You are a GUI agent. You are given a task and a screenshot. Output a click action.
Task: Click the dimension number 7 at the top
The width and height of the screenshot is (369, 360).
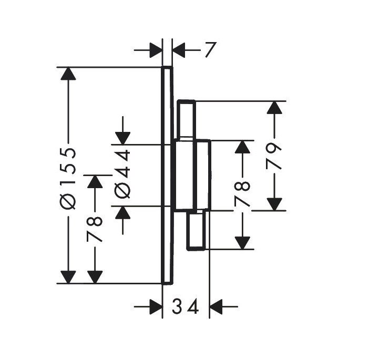[x=210, y=49]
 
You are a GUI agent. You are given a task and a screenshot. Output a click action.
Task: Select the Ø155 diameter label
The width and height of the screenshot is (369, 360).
[x=68, y=179]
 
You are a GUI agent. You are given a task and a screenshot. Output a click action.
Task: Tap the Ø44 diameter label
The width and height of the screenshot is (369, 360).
[x=122, y=174]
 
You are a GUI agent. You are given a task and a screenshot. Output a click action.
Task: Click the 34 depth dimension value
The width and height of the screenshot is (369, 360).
[x=186, y=306]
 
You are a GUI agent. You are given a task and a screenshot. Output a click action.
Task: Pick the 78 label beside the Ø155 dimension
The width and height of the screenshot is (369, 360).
[x=95, y=229]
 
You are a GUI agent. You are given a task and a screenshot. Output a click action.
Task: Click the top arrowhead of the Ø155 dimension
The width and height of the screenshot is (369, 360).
[x=68, y=74]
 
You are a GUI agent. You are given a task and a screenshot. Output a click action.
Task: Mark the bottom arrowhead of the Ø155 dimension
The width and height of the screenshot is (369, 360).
[x=68, y=277]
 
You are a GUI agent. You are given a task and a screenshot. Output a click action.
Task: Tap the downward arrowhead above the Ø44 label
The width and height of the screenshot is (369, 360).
[x=122, y=138]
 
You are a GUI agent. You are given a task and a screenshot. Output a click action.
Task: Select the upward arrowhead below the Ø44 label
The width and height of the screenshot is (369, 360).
[x=122, y=213]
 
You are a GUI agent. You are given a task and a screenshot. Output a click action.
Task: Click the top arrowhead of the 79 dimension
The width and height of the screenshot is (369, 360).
[x=274, y=107]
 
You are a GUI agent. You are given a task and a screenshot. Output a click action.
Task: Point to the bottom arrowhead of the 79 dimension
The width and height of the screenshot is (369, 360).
[x=274, y=204]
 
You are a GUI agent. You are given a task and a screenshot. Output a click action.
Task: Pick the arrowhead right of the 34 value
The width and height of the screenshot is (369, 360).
[x=216, y=306]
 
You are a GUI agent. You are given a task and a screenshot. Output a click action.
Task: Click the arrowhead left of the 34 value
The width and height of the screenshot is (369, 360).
[x=156, y=306]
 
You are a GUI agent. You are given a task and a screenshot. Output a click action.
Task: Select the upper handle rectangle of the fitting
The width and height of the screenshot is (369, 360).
[x=186, y=119]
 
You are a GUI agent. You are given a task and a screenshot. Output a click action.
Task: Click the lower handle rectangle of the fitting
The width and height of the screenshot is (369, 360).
[x=196, y=230]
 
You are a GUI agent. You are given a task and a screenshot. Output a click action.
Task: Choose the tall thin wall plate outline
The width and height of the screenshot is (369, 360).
[x=167, y=176]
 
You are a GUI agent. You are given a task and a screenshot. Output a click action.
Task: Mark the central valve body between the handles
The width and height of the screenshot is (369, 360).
[x=192, y=174]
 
